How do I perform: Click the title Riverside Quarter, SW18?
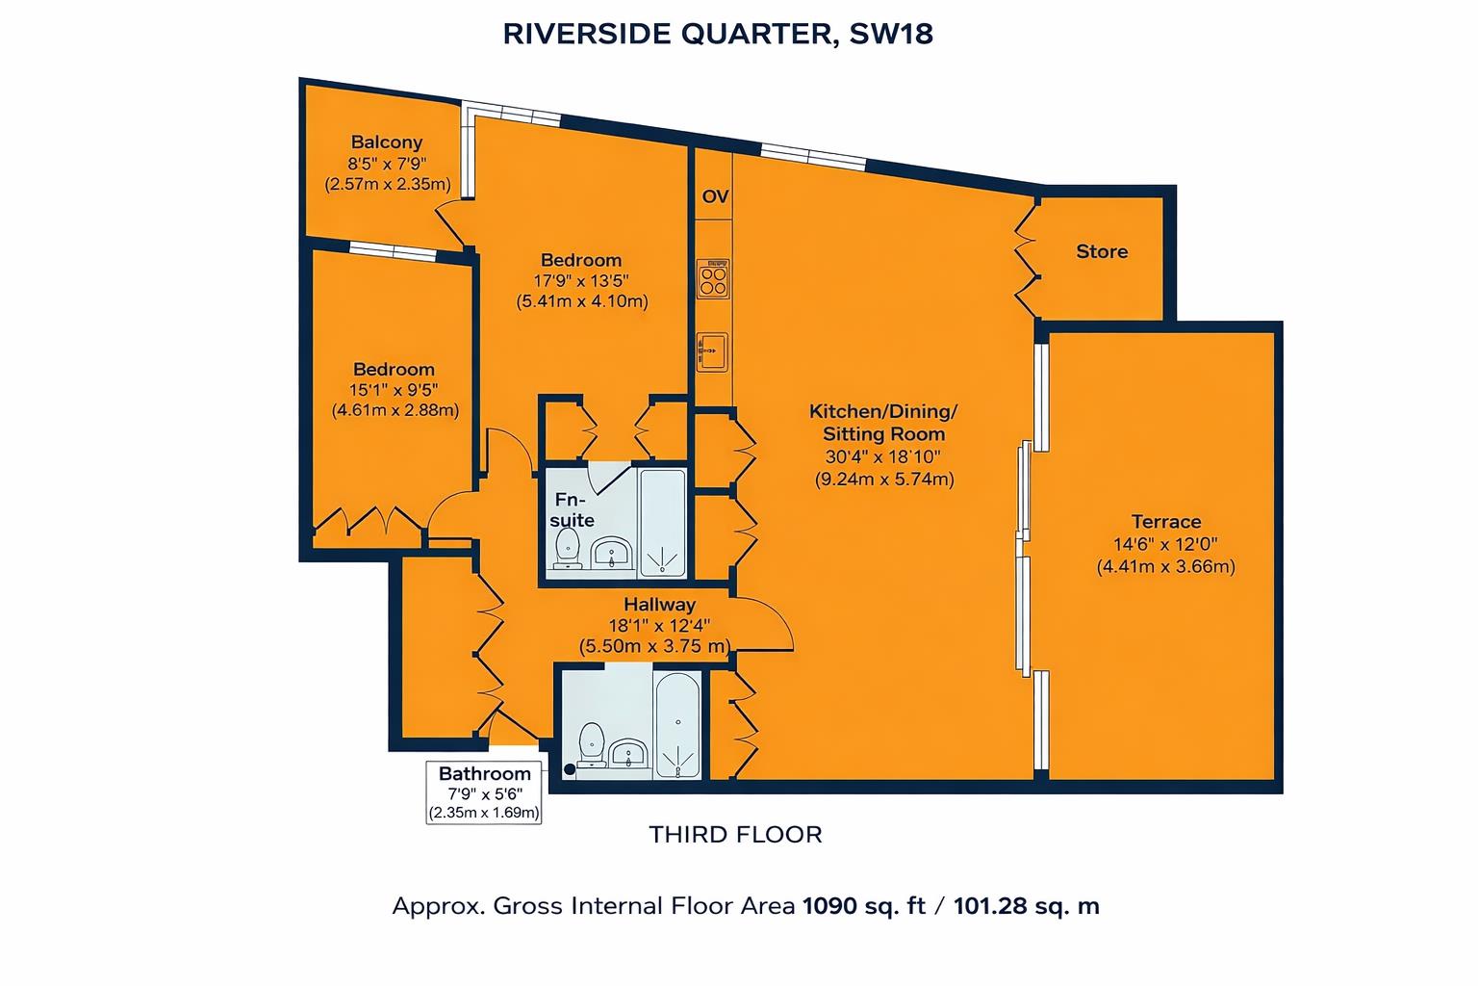point(718,35)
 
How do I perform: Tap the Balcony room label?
point(387,143)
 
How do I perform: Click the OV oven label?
point(715,197)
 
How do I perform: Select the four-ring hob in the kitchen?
point(713,280)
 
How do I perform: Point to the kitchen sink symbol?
point(712,351)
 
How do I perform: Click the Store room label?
point(1102,251)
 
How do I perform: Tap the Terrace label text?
point(1165,522)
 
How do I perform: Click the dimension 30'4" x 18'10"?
point(882,456)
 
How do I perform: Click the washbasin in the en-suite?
point(611,554)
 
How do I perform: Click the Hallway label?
point(659,605)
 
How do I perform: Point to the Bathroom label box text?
point(485,774)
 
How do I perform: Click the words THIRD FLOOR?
point(736,834)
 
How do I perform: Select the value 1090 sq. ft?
point(863,906)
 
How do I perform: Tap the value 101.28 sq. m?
point(1026,906)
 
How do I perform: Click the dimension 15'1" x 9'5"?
point(394,390)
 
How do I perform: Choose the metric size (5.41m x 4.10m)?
point(582,301)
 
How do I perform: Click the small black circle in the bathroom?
point(570,768)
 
